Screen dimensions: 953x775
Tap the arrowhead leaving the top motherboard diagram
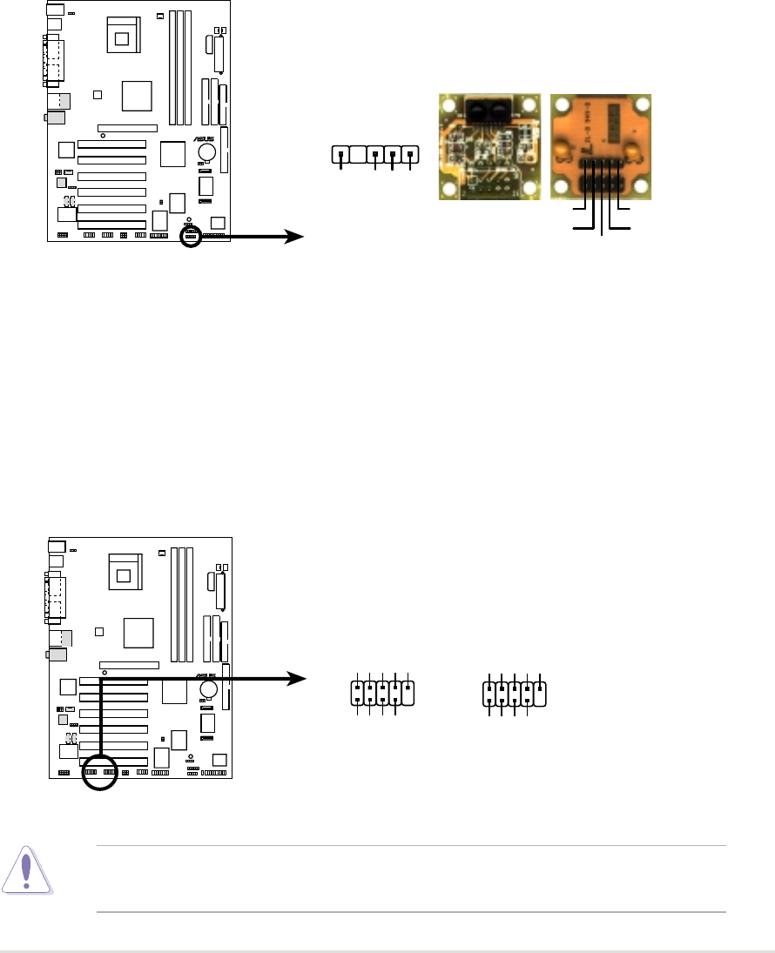[x=296, y=236]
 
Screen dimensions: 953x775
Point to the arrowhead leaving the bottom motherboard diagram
[x=296, y=677]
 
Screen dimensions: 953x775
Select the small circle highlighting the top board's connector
[x=190, y=234]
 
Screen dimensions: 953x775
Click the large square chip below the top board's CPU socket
[x=137, y=95]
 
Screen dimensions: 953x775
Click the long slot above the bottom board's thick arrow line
[x=129, y=664]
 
